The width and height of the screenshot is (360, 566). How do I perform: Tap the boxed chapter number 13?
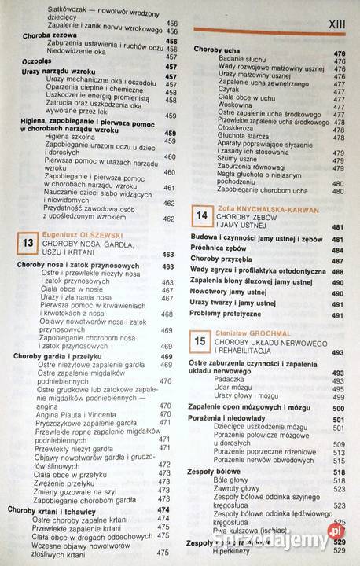pyautogui.click(x=28, y=244)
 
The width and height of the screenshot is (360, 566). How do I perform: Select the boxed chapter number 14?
pyautogui.click(x=201, y=215)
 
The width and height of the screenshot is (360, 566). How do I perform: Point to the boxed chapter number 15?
pyautogui.click(x=201, y=340)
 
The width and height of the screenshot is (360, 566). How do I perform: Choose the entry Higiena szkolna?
pyautogui.click(x=68, y=135)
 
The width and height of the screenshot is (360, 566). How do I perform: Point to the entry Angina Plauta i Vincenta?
pyautogui.click(x=78, y=414)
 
